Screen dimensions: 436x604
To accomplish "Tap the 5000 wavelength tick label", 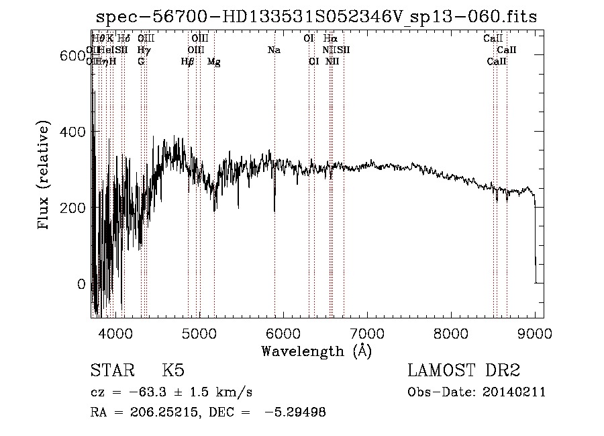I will [199, 332].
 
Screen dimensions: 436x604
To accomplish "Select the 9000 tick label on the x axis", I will [535, 332].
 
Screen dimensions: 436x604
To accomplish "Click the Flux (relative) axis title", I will [45, 176].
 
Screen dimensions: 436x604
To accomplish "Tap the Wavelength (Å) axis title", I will [316, 351].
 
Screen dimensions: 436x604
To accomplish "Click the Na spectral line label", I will [274, 50].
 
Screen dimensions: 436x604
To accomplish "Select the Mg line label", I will [214, 62].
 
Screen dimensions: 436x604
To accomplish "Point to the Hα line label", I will [330, 38].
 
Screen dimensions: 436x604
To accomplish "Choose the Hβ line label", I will [187, 62].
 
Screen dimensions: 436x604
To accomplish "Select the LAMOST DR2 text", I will [464, 371].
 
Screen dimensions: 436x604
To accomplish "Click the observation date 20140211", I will [514, 392].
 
